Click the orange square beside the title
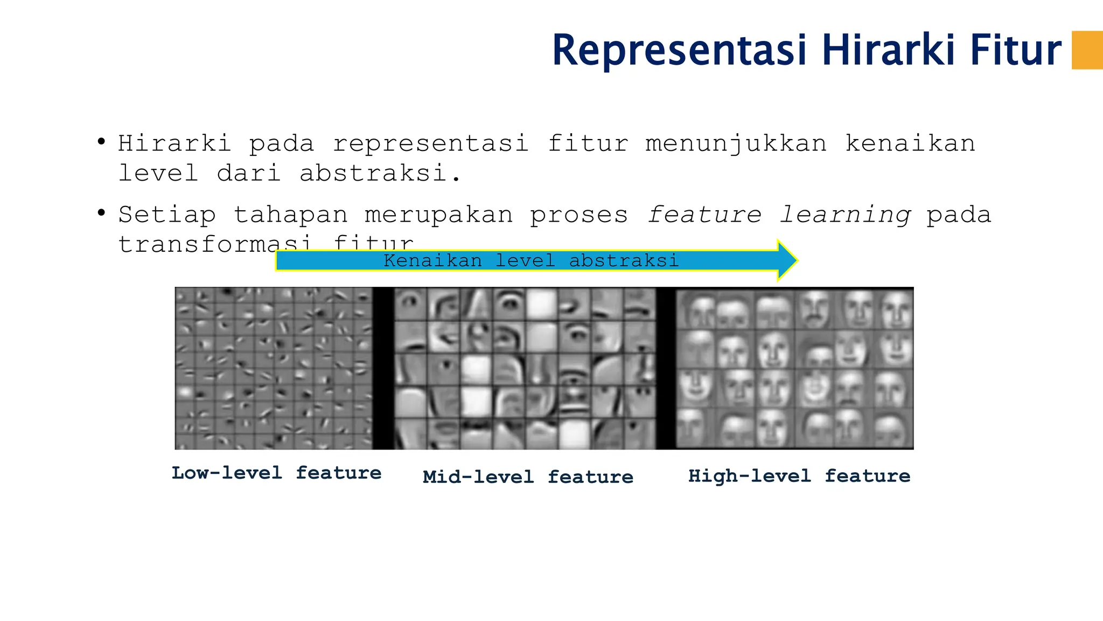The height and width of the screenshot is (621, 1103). coord(1087,50)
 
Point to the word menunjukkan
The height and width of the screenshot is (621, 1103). coord(736,144)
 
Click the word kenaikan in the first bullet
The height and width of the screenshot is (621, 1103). coord(910,144)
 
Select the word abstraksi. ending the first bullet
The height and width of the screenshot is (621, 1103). coord(380,174)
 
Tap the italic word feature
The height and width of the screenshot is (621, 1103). coord(704,215)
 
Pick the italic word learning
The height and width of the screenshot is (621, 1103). coord(845,215)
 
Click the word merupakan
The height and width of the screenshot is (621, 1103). coord(438,215)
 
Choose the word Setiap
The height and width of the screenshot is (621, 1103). coord(167,215)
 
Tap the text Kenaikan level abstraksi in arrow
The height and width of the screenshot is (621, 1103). coord(531,261)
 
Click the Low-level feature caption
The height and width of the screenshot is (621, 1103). coord(276,473)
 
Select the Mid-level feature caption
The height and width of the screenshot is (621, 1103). coord(528,477)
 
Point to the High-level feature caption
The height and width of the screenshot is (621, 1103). coord(799,476)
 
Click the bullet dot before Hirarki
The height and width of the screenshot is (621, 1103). coord(101,142)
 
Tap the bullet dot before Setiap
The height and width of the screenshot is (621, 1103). coord(101,213)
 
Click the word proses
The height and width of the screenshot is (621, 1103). coord(579,215)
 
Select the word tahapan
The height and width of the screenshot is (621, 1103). coord(291,215)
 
